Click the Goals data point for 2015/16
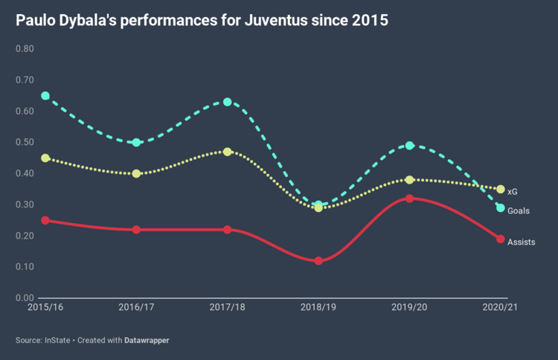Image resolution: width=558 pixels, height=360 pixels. click(x=45, y=96)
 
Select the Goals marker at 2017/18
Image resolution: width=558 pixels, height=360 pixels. click(x=228, y=102)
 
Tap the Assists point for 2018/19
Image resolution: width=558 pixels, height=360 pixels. click(x=318, y=261)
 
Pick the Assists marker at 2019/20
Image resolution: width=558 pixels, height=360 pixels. click(x=410, y=199)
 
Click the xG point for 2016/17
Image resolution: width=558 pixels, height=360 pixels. click(x=137, y=173)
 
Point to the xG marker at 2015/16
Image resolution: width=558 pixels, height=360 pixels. click(x=45, y=158)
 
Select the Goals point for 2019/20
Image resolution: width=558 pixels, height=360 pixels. click(x=410, y=146)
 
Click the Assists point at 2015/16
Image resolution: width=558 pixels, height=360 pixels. click(x=45, y=220)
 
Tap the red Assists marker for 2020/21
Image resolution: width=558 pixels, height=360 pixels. click(x=501, y=239)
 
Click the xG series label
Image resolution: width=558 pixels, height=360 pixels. click(x=513, y=192)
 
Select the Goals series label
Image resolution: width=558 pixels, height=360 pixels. click(x=519, y=211)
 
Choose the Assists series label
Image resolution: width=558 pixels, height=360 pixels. click(x=521, y=242)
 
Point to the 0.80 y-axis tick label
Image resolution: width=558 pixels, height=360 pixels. click(x=25, y=49)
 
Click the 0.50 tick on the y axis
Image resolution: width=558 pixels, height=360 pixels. click(x=25, y=142)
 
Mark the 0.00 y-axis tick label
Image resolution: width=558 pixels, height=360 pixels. click(x=25, y=298)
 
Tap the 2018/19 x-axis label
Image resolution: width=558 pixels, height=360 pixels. click(x=318, y=306)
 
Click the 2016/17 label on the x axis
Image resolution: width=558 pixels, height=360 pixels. click(x=137, y=306)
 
